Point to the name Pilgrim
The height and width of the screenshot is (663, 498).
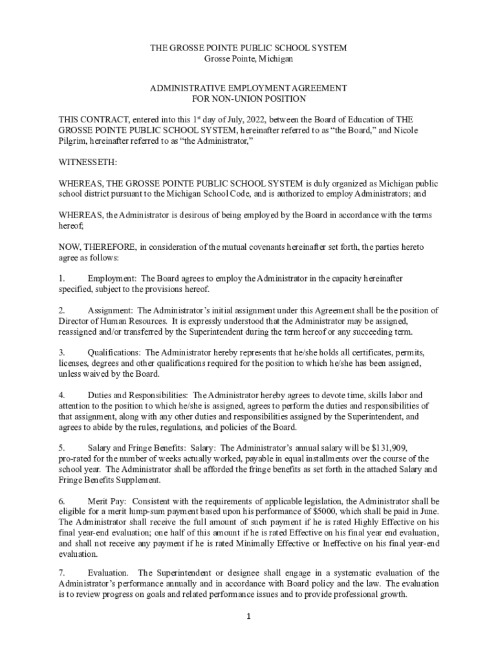[73, 140]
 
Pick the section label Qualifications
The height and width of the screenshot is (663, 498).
[114, 353]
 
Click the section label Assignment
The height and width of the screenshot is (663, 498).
[110, 311]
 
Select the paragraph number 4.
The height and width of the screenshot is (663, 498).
[61, 395]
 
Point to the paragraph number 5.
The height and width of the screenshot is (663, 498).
[61, 448]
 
